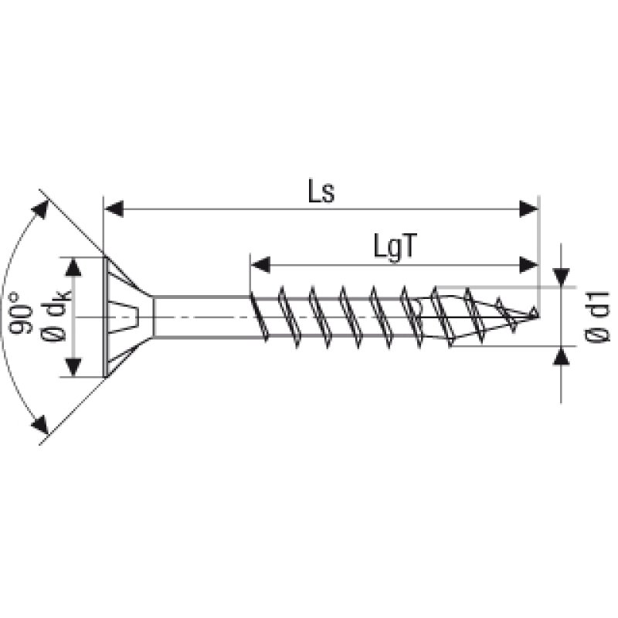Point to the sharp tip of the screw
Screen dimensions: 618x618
tap(535, 314)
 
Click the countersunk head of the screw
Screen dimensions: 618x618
tap(124, 317)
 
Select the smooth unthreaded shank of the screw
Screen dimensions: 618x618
tap(201, 317)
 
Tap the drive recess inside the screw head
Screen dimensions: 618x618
tap(130, 317)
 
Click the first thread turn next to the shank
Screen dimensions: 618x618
tap(258, 317)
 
